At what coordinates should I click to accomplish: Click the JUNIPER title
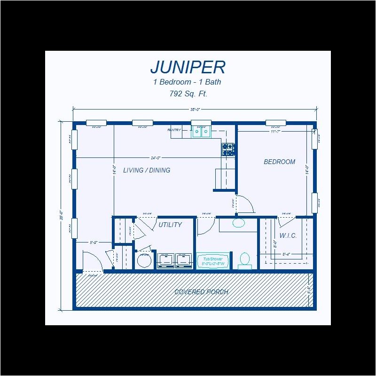(x=188, y=68)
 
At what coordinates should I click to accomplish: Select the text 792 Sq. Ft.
(x=188, y=94)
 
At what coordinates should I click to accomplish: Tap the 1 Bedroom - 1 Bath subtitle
(x=187, y=82)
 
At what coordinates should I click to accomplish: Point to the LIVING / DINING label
(x=147, y=170)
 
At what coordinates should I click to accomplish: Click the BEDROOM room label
(x=279, y=162)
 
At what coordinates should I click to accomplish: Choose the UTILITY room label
(x=170, y=225)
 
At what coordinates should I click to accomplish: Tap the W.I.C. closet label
(x=288, y=235)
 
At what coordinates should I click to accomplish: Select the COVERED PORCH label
(x=201, y=292)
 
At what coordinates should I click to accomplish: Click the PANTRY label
(x=175, y=130)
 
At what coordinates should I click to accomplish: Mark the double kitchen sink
(x=201, y=132)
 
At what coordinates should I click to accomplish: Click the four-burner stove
(x=228, y=149)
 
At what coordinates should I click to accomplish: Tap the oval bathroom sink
(x=238, y=223)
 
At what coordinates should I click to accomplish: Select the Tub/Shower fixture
(x=212, y=261)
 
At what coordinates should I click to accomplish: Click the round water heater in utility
(x=144, y=260)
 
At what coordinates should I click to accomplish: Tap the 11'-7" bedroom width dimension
(x=275, y=132)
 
